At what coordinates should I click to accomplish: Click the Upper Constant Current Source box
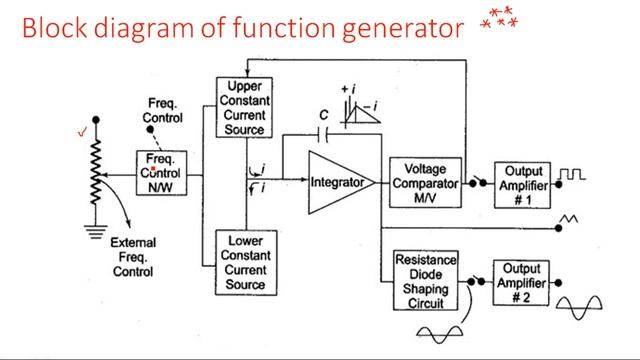(245, 108)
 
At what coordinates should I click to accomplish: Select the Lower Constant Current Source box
(245, 263)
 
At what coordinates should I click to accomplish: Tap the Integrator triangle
(338, 183)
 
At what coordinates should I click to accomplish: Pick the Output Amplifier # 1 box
(523, 184)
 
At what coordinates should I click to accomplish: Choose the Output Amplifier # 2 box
(523, 282)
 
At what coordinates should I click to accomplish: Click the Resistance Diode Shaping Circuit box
(426, 280)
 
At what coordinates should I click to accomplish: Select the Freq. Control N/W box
(161, 174)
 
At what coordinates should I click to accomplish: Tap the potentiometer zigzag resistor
(96, 170)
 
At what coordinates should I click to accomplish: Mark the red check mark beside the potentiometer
(82, 130)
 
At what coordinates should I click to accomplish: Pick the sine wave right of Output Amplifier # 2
(584, 306)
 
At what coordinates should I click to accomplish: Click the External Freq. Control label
(132, 256)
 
